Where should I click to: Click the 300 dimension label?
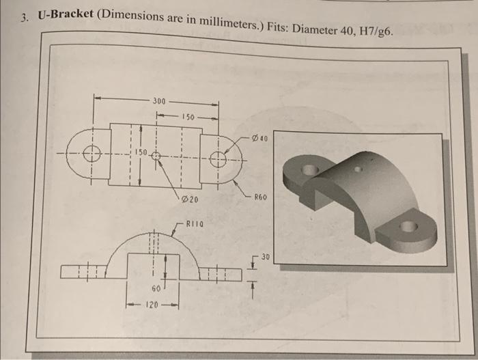[x=158, y=101]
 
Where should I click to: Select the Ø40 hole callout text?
[x=259, y=137]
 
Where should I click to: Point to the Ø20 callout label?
[x=191, y=199]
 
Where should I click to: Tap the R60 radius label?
[x=261, y=198]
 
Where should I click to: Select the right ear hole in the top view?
[x=218, y=161]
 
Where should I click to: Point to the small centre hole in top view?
[x=156, y=156]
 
